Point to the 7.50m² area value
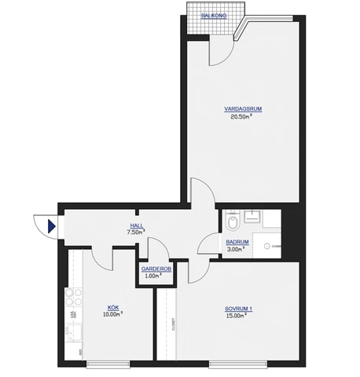click(x=137, y=232)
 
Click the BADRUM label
click(x=237, y=243)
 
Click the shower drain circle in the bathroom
click(x=266, y=245)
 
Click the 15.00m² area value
click(x=238, y=317)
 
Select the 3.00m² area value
click(x=235, y=250)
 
